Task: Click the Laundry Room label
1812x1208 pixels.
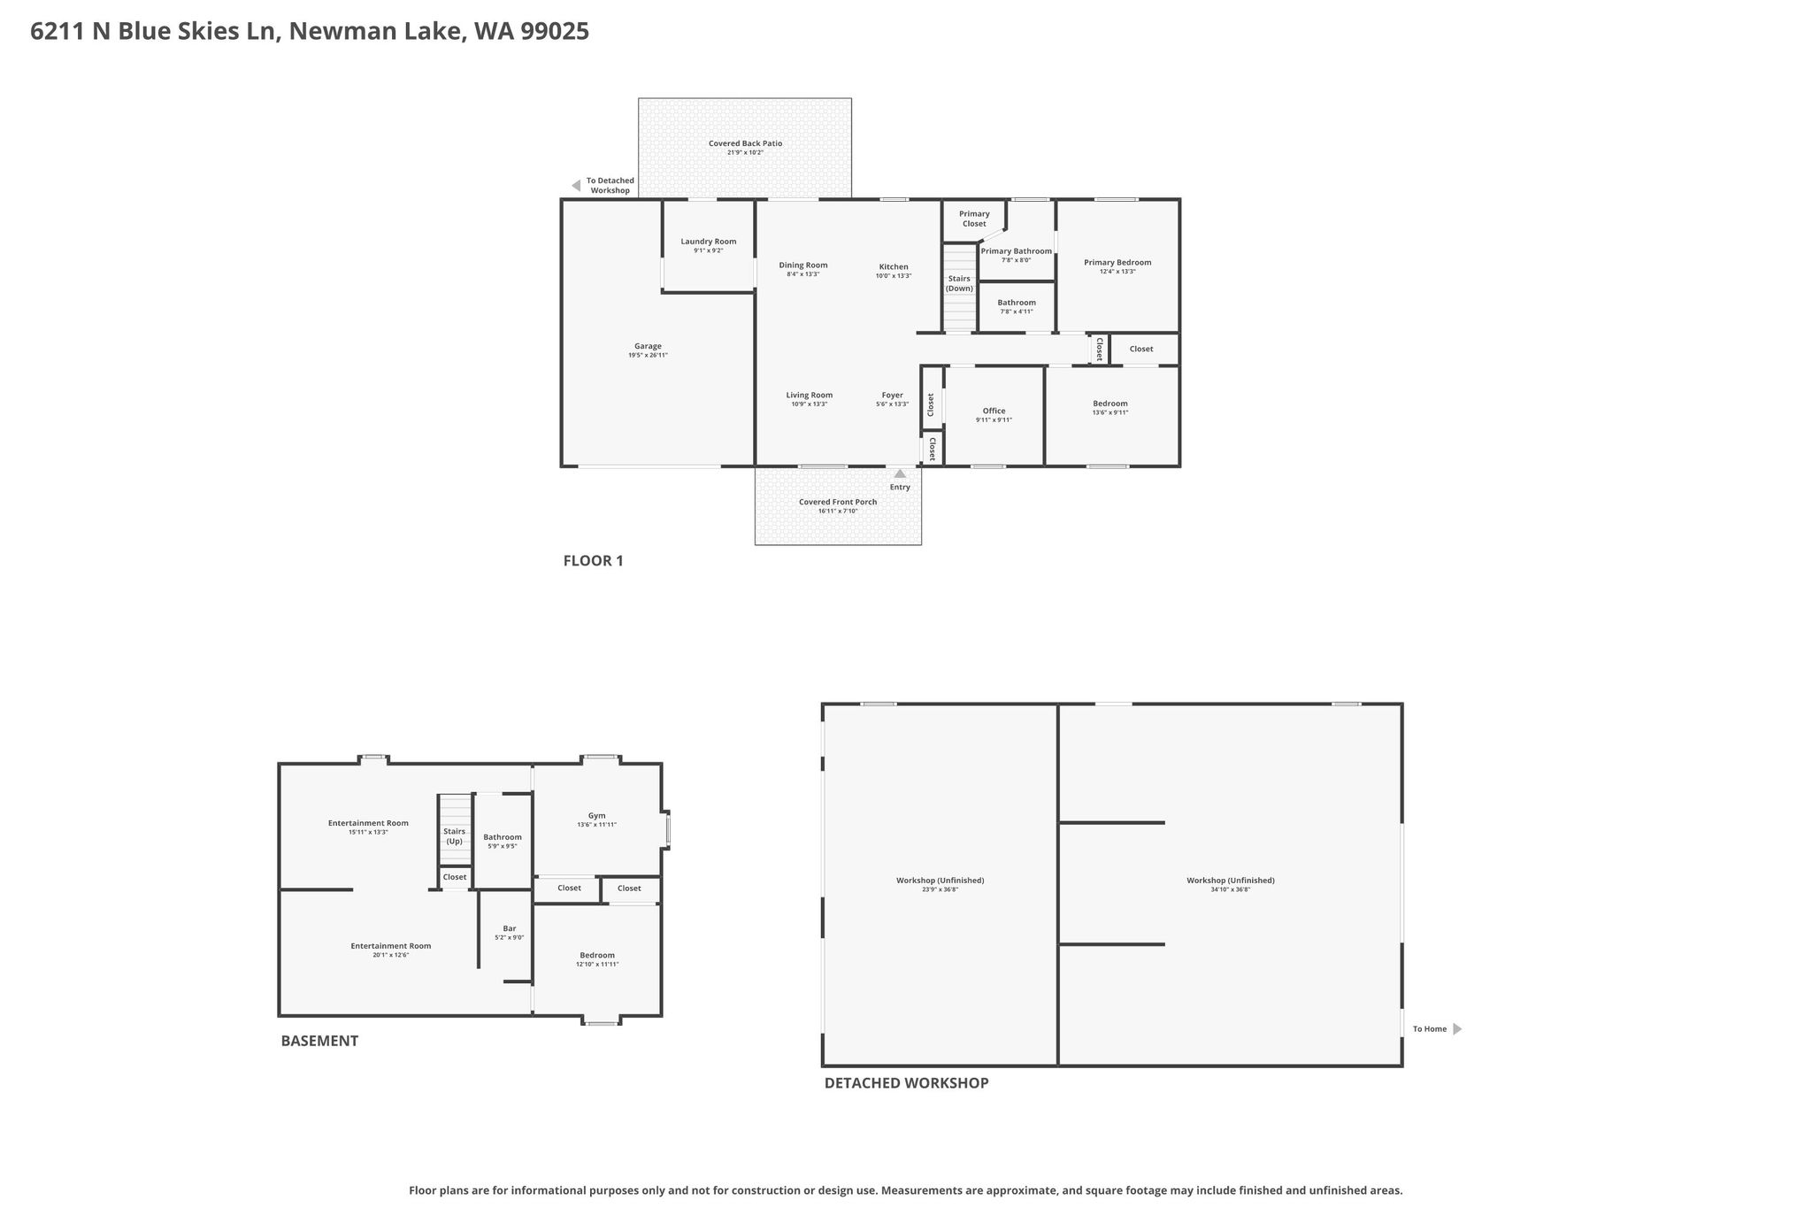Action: (708, 242)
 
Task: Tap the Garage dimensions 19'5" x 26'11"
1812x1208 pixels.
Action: (648, 356)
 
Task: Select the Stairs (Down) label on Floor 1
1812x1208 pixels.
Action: (959, 283)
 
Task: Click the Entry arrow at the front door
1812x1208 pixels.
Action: (900, 473)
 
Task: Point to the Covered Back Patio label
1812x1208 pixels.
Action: (745, 143)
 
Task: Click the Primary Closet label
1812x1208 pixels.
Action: (974, 219)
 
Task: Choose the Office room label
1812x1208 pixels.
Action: (994, 411)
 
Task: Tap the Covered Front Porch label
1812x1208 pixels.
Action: (838, 502)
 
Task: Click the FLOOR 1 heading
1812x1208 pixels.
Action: (594, 560)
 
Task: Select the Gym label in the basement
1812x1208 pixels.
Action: (597, 816)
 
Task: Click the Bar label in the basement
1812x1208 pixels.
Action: (510, 928)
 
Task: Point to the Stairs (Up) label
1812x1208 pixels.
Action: (454, 836)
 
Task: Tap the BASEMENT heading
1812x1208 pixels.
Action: (319, 1041)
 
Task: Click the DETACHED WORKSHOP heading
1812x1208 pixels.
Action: (907, 1082)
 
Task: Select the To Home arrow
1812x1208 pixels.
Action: (1457, 1029)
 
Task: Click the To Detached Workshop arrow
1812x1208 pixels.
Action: (576, 186)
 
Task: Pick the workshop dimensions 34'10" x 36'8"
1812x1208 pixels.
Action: (1231, 889)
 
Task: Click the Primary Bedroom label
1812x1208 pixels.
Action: (1117, 262)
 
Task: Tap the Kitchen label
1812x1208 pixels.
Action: (894, 266)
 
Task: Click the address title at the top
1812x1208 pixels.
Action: (310, 32)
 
